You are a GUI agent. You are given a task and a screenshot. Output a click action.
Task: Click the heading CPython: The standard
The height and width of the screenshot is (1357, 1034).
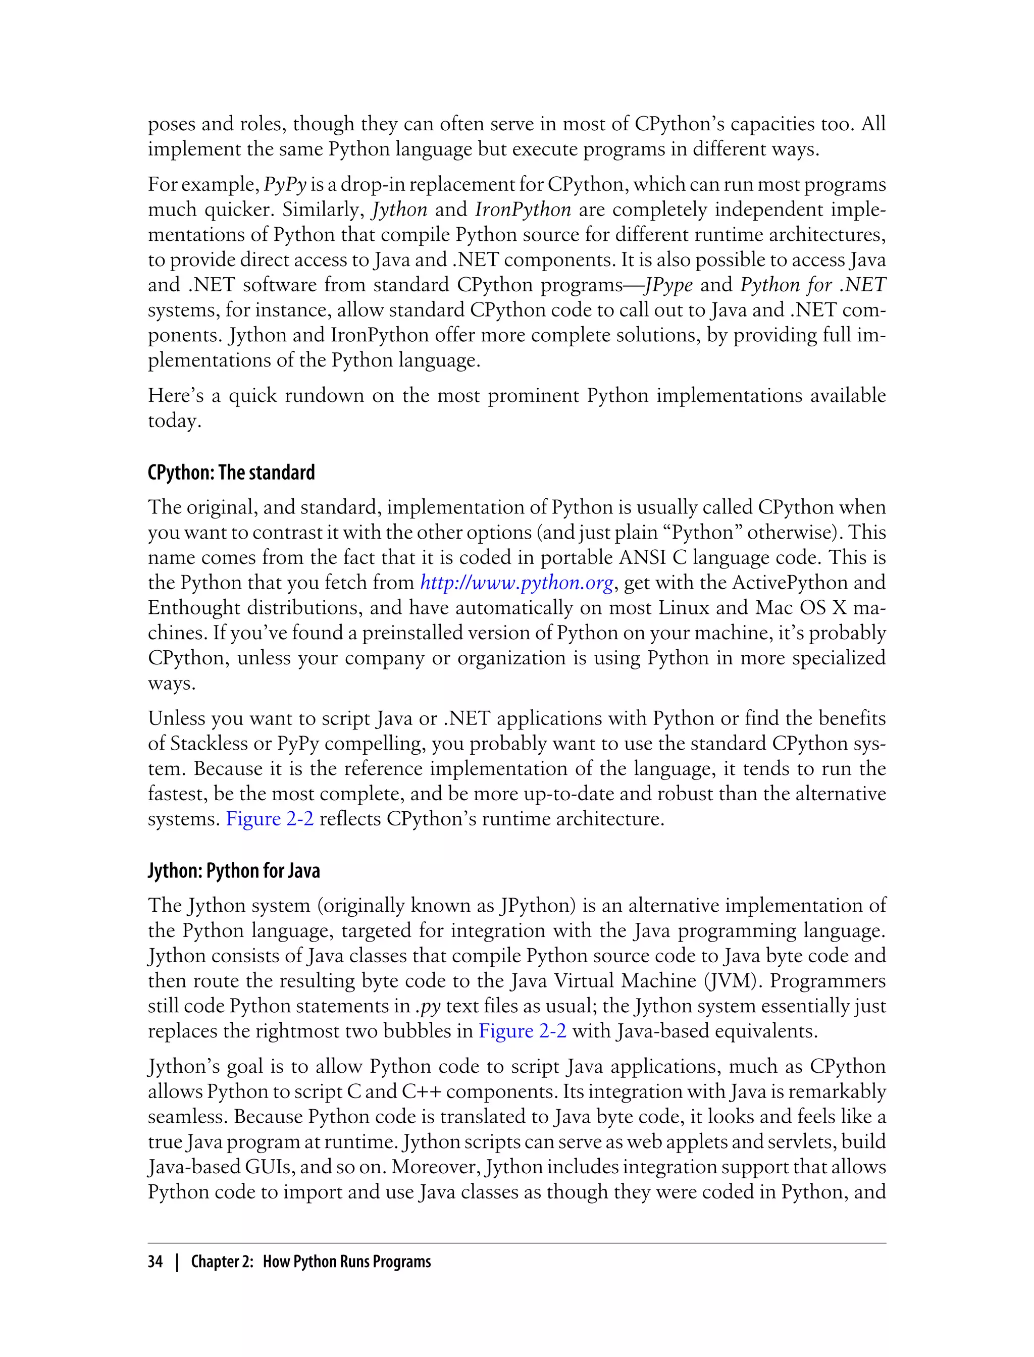pos(231,473)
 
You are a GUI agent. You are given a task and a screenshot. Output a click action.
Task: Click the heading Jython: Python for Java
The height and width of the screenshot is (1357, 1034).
pos(233,871)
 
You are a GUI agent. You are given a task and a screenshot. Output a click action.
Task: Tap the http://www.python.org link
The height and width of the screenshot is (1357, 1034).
pos(516,582)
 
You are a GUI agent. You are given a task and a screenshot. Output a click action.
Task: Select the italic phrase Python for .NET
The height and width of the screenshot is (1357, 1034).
pos(812,284)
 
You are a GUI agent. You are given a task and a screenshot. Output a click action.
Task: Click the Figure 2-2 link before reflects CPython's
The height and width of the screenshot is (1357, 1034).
pos(270,818)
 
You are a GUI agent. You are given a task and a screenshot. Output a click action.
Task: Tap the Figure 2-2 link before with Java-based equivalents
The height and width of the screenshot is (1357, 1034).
pos(522,1031)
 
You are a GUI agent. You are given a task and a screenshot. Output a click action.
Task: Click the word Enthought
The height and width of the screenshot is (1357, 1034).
pos(193,607)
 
